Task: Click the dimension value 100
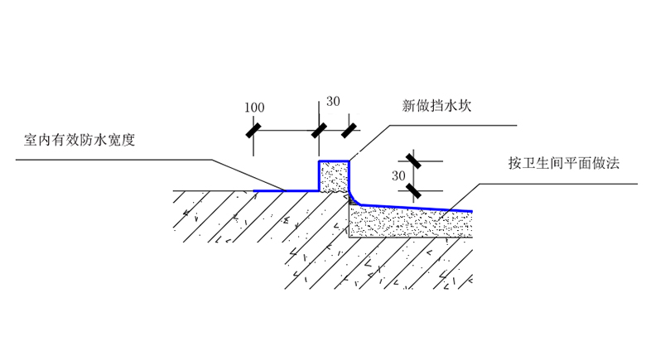point(254,108)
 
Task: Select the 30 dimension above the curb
point(333,102)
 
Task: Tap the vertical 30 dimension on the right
point(398,175)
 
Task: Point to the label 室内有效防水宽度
point(80,140)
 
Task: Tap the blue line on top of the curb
point(335,161)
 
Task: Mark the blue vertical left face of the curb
point(321,175)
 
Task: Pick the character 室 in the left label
point(31,140)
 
